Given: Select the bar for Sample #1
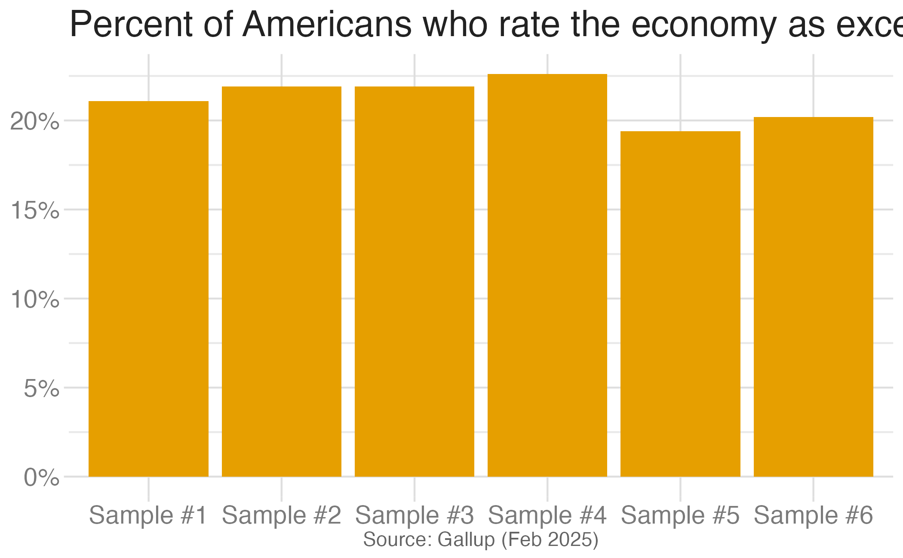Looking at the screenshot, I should coord(148,288).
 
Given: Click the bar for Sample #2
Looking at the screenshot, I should coord(281,281).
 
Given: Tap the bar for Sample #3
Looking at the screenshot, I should coord(414,281).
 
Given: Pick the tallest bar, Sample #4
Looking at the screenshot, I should coord(547,275).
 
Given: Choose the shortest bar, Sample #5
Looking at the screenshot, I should coord(680,304).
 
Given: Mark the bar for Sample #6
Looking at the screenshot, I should coord(813,297).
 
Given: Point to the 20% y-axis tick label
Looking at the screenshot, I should coord(34,122).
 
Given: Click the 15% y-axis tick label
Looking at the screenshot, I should coord(34,211).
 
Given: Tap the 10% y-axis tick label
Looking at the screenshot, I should coord(34,300).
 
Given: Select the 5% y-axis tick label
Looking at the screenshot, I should coord(41,389).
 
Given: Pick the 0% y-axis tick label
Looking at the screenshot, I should coord(41,478).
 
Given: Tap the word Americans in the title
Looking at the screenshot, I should coord(327,25).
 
